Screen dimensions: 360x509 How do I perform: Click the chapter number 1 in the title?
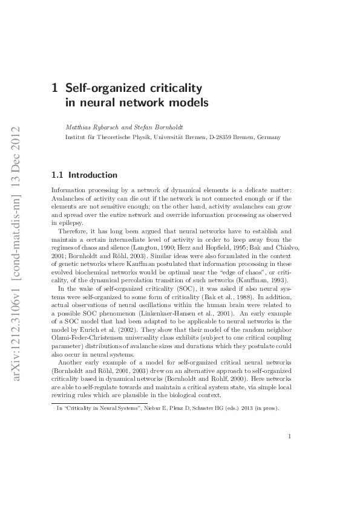(x=56, y=88)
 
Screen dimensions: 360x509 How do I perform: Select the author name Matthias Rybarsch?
(x=89, y=128)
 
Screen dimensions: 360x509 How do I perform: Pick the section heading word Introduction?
(x=93, y=175)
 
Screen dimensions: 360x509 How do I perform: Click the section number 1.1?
(x=58, y=175)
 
